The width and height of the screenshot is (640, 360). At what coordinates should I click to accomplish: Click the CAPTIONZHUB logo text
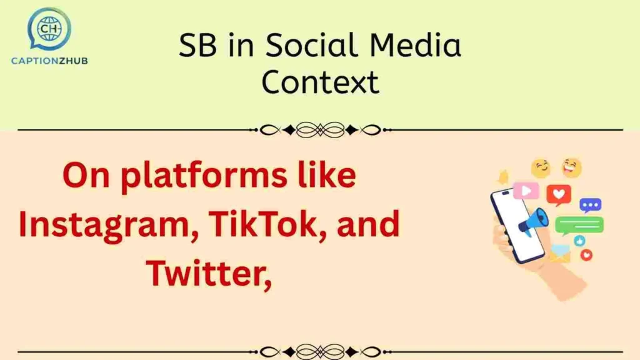pos(49,61)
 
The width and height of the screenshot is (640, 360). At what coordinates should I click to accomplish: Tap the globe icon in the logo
pos(48,28)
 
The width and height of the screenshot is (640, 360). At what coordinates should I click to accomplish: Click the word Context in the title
pos(320,82)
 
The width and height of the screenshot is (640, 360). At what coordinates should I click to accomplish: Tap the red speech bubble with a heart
pos(558,194)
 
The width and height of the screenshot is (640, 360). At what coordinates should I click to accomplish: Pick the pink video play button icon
pos(526,190)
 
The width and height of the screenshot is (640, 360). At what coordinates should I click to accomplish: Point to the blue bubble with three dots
pos(590,204)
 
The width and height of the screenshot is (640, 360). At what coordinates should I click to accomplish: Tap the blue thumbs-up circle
pos(579,241)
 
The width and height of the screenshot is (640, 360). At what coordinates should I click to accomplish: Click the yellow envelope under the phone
pos(560,253)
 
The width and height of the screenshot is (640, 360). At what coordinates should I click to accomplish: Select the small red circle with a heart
pos(586,254)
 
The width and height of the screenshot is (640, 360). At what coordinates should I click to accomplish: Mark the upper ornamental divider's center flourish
pos(320,130)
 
